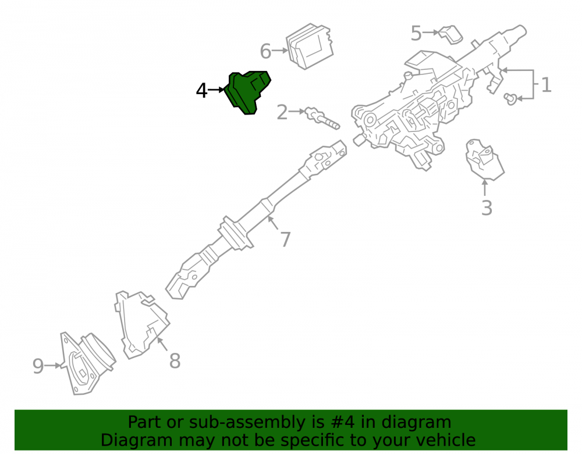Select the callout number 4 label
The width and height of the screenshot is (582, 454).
click(201, 91)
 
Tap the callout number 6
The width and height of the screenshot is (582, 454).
click(266, 52)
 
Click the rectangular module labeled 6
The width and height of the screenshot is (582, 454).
click(310, 47)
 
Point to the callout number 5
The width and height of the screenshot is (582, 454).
click(416, 33)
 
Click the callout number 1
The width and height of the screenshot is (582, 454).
click(546, 85)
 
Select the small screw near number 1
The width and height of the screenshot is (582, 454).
click(510, 99)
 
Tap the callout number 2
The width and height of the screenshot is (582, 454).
click(282, 112)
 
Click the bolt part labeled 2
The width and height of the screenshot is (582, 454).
click(322, 119)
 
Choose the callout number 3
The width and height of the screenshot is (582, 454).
click(487, 208)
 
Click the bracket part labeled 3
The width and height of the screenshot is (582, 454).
click(484, 160)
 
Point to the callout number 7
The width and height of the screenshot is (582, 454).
click(285, 239)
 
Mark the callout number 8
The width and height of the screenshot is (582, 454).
click(175, 361)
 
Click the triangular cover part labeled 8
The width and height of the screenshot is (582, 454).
click(141, 324)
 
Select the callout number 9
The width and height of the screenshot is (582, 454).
click(38, 366)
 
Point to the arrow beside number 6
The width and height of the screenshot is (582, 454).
click(280, 51)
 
